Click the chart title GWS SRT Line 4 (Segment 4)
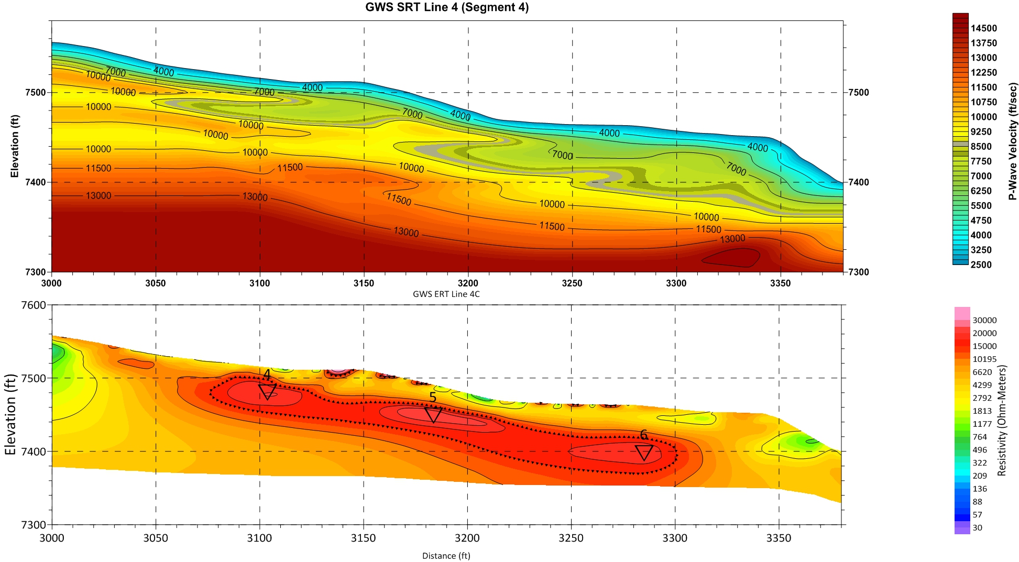[x=446, y=7]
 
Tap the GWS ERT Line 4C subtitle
[x=446, y=294]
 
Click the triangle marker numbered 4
[x=267, y=392]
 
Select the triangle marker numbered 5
[x=433, y=415]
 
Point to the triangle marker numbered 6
[x=644, y=453]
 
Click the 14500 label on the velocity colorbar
[x=983, y=28]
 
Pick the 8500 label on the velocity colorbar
[x=981, y=147]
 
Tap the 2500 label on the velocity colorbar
[x=981, y=265]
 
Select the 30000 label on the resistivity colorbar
[x=984, y=321]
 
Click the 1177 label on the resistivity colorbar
[x=982, y=424]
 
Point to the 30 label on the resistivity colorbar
[x=977, y=527]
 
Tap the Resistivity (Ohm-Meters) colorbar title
[x=1002, y=421]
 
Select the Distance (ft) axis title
[x=446, y=556]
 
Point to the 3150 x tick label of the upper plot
[x=364, y=283]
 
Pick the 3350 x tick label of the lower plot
[x=779, y=538]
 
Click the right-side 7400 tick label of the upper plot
[x=858, y=182]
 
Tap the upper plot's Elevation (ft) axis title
[x=14, y=146]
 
